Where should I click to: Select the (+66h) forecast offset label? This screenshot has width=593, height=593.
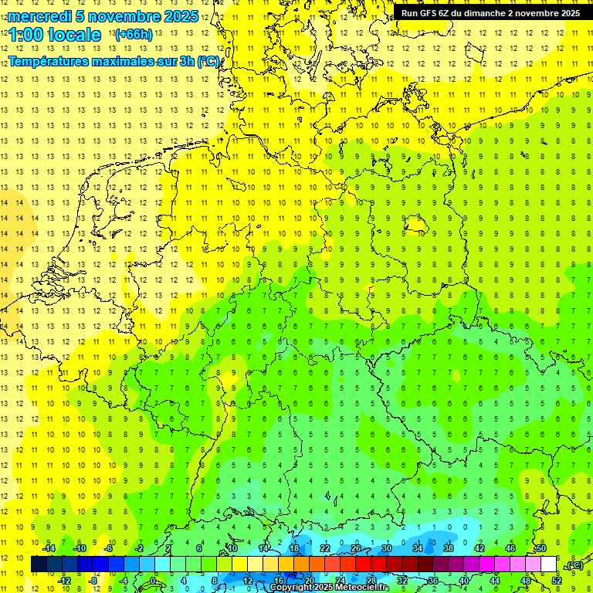133,35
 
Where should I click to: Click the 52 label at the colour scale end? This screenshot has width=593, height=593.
557,581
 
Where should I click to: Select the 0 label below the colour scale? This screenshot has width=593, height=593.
153,581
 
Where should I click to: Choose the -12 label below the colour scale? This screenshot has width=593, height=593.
65,581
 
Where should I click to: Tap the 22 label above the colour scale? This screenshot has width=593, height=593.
325,548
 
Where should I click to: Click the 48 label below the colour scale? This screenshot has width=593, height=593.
526,581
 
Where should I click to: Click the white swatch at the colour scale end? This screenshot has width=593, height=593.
548,564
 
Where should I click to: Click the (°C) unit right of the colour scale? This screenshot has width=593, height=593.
574,565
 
